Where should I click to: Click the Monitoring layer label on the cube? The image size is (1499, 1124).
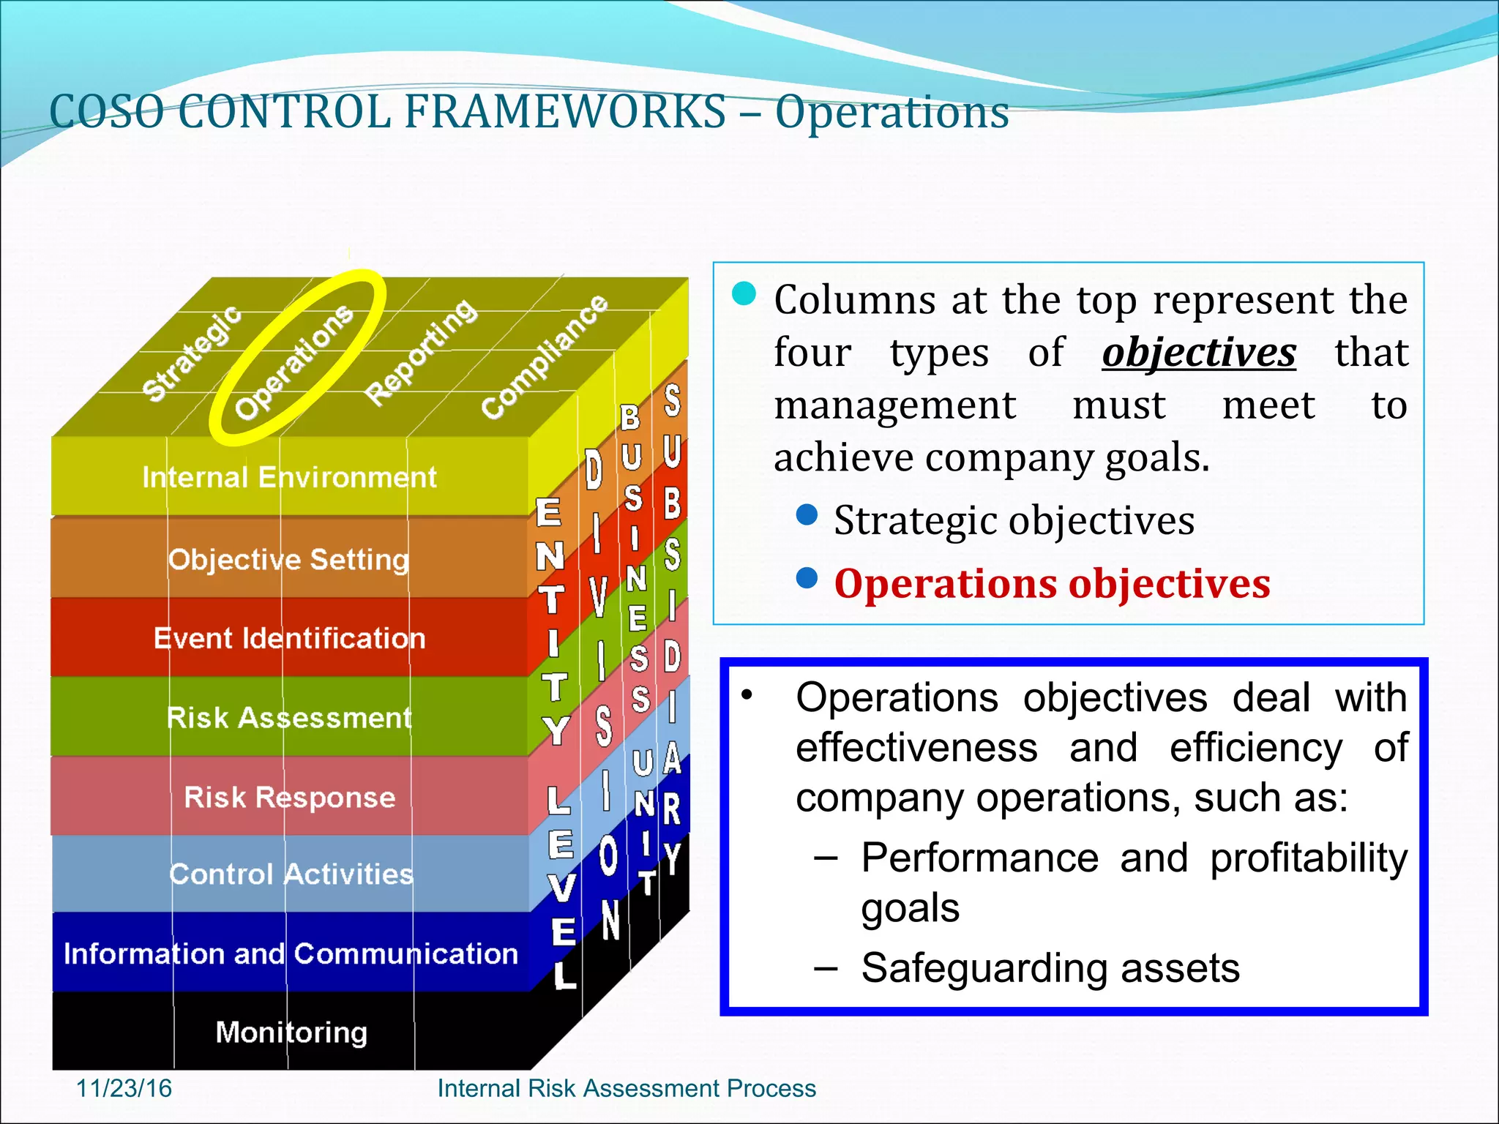tap(291, 1033)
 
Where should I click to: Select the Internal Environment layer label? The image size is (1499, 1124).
tap(289, 478)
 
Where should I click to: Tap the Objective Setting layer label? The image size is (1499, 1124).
tap(288, 560)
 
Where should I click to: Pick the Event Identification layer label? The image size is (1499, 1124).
tap(289, 639)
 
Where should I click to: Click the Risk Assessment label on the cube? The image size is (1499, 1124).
tap(289, 718)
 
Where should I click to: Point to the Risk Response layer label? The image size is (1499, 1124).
tap(289, 797)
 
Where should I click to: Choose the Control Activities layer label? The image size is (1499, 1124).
tap(291, 874)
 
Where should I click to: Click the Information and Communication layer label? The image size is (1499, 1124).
tap(291, 953)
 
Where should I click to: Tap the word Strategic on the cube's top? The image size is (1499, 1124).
tap(191, 353)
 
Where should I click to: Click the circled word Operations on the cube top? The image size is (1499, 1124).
tap(294, 362)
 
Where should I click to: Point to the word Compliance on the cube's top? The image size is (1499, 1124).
tap(545, 357)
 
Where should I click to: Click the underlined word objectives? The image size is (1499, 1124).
tap(1199, 353)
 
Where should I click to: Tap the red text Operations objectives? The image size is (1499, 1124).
tap(1052, 584)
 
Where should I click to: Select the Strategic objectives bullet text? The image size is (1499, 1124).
tap(1014, 521)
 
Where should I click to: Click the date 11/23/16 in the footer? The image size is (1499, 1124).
tap(124, 1088)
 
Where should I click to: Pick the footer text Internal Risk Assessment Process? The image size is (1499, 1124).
tap(627, 1088)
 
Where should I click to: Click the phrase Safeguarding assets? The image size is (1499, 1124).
tap(1050, 967)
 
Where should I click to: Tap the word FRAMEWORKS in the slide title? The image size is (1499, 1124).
tap(564, 113)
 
